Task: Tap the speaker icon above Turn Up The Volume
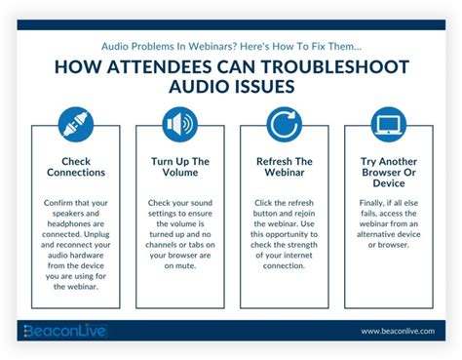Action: [x=180, y=125]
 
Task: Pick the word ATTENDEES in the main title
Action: [x=160, y=67]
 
